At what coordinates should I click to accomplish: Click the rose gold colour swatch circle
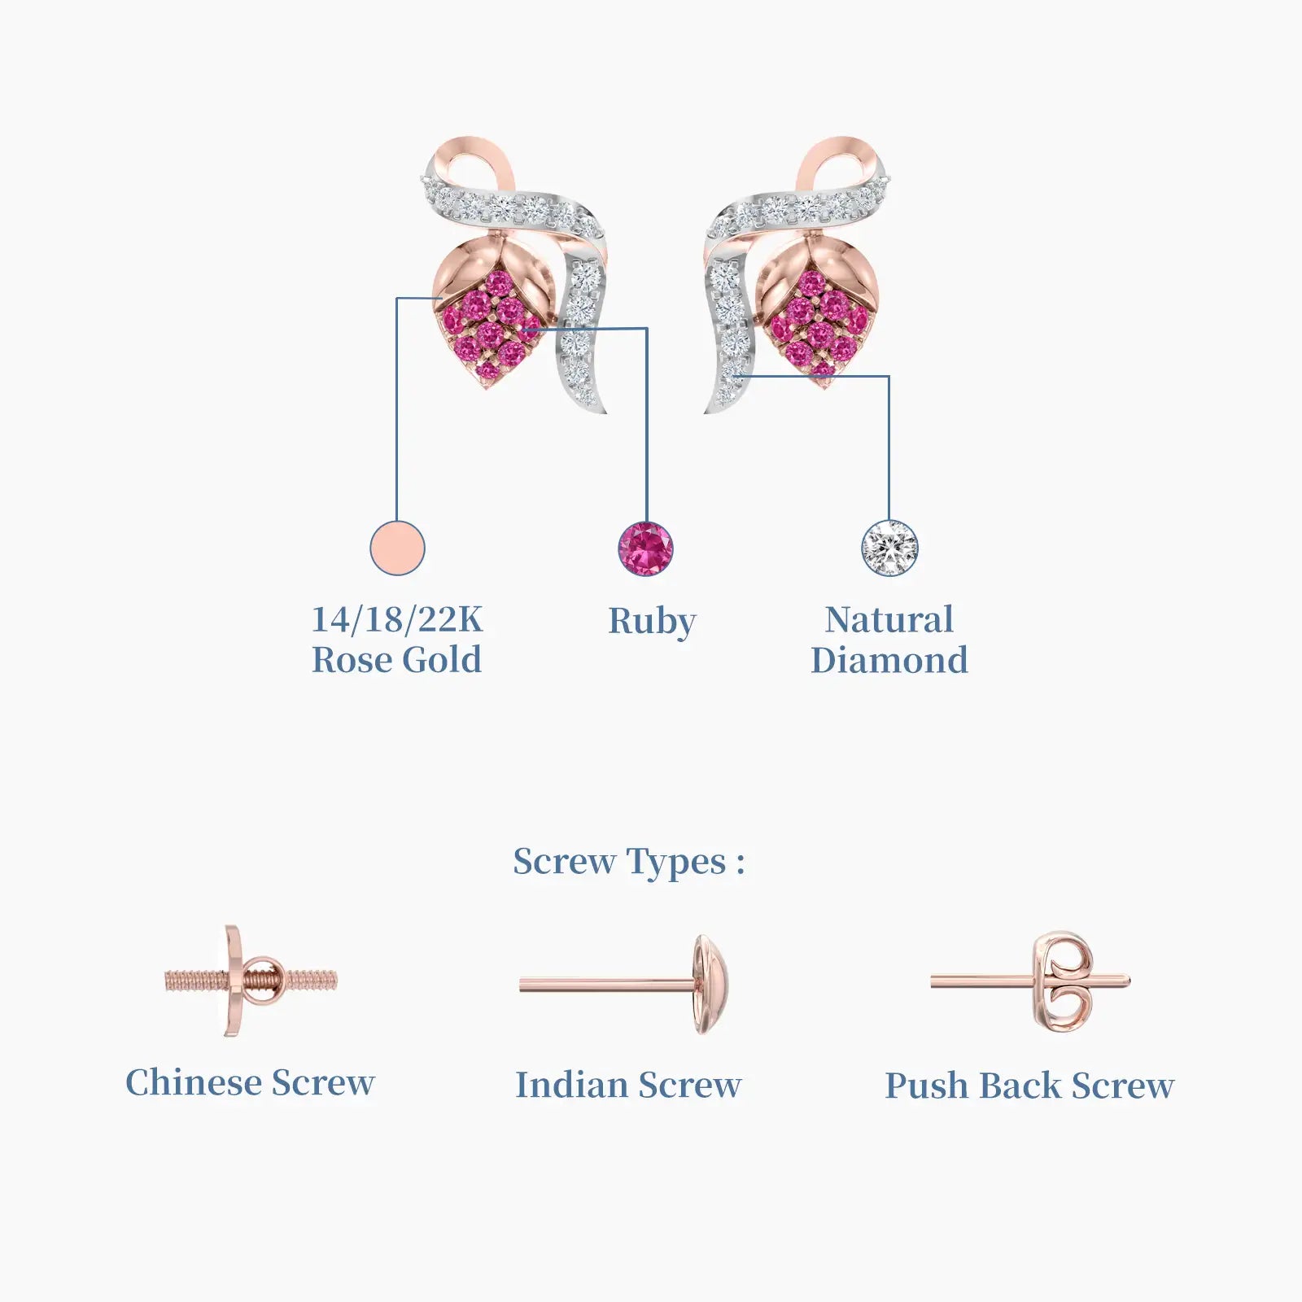(x=397, y=548)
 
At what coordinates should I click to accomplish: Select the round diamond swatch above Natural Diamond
(x=889, y=548)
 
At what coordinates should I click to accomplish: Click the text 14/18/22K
(x=397, y=619)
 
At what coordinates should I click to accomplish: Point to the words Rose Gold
(x=397, y=660)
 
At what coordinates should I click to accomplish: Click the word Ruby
(x=653, y=623)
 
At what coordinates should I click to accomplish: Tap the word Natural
(x=889, y=620)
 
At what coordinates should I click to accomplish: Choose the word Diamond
(x=889, y=660)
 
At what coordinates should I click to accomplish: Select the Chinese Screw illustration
(x=251, y=981)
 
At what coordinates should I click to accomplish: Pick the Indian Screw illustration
(x=624, y=985)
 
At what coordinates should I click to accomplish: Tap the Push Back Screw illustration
(x=1031, y=982)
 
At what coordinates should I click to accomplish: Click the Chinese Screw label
(x=251, y=1082)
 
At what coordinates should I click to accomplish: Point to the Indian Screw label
(x=628, y=1085)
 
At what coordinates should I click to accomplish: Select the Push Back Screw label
(x=1030, y=1086)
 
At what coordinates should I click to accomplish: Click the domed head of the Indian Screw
(x=710, y=985)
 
